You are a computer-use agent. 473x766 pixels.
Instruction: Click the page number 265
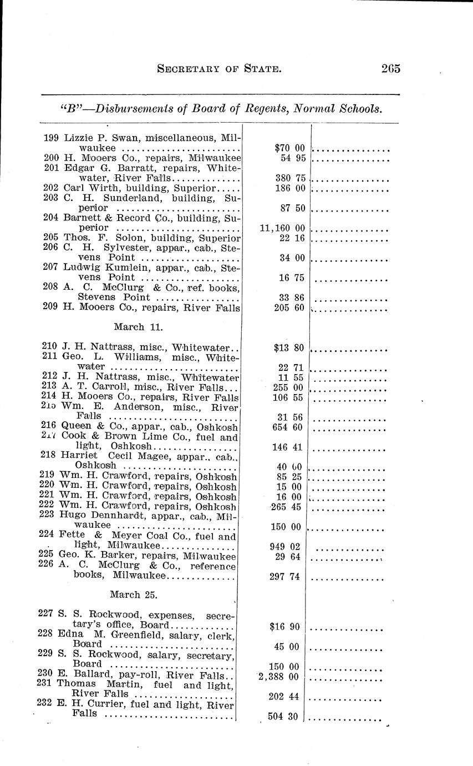(390, 69)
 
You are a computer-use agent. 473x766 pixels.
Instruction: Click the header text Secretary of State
(220, 69)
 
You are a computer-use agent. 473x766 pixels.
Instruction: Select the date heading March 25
(134, 594)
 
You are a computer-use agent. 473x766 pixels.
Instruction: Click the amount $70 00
(289, 148)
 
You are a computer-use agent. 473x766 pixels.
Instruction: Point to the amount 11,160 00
(282, 228)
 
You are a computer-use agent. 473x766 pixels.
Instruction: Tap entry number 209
(52, 308)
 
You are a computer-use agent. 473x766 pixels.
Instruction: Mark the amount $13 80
(289, 349)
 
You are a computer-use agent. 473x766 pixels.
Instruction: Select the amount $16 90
(287, 627)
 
